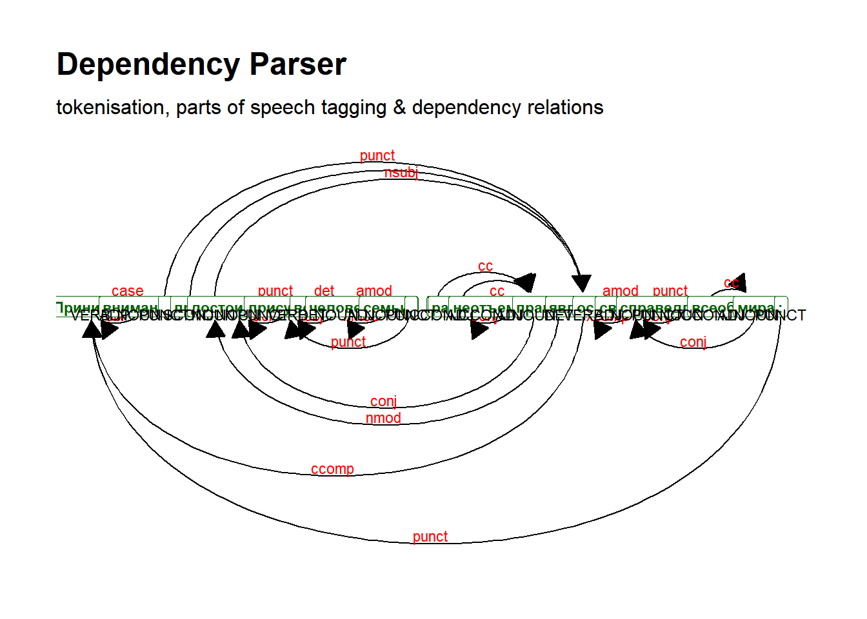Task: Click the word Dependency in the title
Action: click(148, 65)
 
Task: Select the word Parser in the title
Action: click(298, 64)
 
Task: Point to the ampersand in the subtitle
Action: click(399, 107)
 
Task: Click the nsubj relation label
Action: click(401, 172)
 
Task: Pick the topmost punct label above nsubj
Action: click(377, 155)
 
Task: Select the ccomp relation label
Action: click(332, 469)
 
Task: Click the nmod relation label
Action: click(383, 418)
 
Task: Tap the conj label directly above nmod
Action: click(383, 401)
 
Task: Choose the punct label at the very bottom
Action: click(430, 536)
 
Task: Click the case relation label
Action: click(127, 291)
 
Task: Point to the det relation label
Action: click(324, 291)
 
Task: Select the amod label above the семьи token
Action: click(374, 291)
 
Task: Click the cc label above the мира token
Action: click(732, 283)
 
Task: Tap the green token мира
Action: click(755, 307)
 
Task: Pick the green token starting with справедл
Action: click(652, 307)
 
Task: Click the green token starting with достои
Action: click(217, 307)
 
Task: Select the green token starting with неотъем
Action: click(481, 307)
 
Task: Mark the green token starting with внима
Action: click(130, 307)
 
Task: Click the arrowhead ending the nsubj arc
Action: click(581, 282)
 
